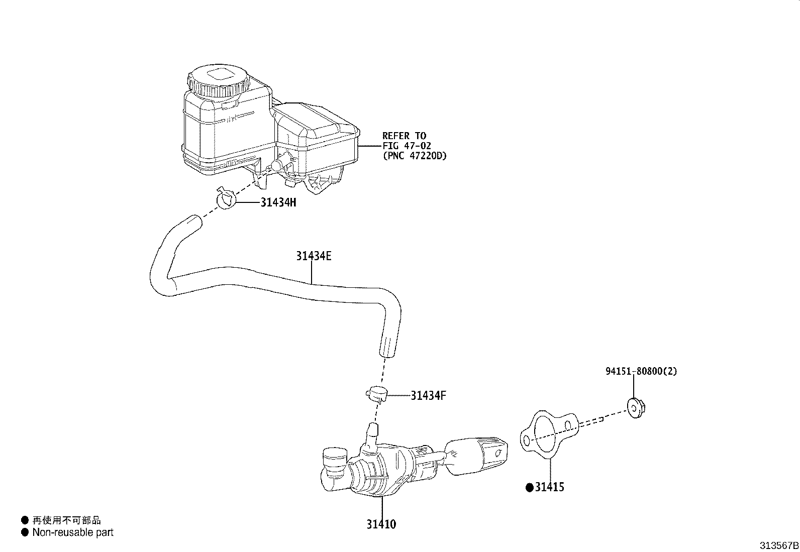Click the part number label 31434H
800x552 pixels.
pos(278,202)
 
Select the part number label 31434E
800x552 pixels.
pos(313,256)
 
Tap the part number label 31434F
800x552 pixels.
pos(428,396)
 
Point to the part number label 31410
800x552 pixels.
pos(381,524)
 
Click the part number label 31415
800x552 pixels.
pos(549,487)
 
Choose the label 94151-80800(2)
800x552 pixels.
pos(641,372)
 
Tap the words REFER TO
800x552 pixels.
pos(404,136)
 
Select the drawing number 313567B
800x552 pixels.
pos(779,545)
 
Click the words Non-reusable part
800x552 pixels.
pos(73,532)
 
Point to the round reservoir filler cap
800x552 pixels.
pos(219,80)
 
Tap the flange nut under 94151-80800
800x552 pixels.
pos(636,407)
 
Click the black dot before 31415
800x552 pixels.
pos(529,487)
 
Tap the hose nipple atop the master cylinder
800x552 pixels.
pos(372,431)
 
